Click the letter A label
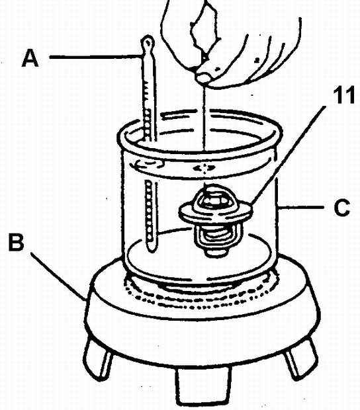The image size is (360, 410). click(x=30, y=59)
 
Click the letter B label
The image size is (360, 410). click(x=17, y=243)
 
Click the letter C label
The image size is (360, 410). click(x=342, y=208)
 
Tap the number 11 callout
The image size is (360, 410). click(x=343, y=95)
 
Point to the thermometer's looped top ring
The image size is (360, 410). click(x=148, y=42)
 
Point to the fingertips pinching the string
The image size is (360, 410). click(x=204, y=76)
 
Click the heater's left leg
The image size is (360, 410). click(x=97, y=358)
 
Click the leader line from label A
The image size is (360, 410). click(x=96, y=56)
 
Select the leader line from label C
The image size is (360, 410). click(x=301, y=208)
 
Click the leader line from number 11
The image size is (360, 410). click(x=289, y=155)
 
